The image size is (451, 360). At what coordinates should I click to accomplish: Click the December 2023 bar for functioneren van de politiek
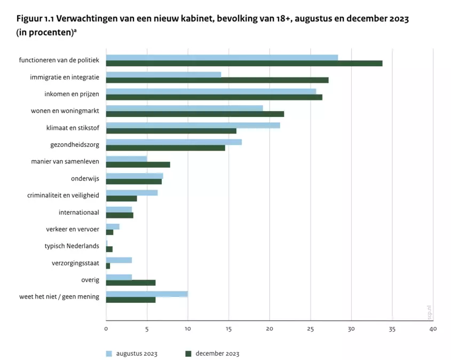(244, 64)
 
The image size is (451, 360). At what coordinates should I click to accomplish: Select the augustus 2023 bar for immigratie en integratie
(163, 74)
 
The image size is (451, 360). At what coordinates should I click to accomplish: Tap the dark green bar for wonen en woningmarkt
(195, 114)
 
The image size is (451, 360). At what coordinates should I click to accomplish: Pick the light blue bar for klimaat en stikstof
(193, 125)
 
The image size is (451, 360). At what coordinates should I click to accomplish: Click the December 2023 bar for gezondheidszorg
(165, 148)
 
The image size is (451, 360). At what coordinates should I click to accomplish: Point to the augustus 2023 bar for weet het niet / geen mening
(147, 294)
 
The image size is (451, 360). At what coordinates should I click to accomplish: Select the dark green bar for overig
(131, 283)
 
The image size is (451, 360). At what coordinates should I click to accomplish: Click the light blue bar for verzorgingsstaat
(119, 260)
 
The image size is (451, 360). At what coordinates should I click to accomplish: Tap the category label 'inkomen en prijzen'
(72, 94)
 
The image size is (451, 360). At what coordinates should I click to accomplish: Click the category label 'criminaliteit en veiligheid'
(63, 195)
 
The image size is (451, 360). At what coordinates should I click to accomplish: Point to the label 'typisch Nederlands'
(72, 246)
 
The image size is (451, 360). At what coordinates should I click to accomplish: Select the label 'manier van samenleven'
(65, 162)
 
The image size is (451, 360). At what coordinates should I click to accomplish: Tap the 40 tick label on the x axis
(432, 329)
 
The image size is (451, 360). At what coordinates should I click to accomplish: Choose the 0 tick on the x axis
(106, 329)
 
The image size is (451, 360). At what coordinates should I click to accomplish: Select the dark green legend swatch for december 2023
(188, 354)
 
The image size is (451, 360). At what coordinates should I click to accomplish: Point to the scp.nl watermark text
(429, 311)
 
